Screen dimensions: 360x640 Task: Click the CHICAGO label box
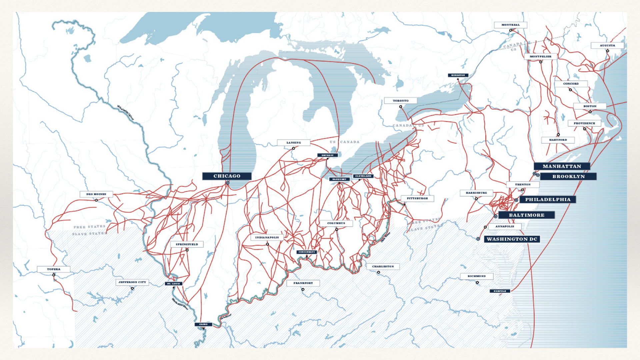[x=227, y=176]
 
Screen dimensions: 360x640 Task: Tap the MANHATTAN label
[x=562, y=166]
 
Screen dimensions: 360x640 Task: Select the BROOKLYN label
[x=568, y=176]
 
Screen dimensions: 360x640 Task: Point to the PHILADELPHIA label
[x=548, y=199]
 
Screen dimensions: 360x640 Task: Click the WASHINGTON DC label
[x=512, y=239]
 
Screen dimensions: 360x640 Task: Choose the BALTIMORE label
[x=526, y=215]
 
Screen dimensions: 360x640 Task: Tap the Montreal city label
[x=510, y=25]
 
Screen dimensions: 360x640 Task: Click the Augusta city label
[x=607, y=46]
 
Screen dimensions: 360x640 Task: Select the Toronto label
[x=400, y=101]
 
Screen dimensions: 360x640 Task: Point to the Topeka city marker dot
[x=54, y=275]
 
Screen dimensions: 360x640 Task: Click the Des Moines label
[x=96, y=194]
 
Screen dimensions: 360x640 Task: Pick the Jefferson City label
[x=132, y=282]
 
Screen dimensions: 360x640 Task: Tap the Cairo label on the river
[x=203, y=324]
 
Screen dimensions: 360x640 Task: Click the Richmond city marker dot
[x=477, y=282]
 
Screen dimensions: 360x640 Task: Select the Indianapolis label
[x=267, y=237]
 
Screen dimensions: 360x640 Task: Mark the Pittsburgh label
[x=417, y=198]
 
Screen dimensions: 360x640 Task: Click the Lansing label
[x=293, y=143]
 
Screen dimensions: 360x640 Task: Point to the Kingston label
[x=458, y=75]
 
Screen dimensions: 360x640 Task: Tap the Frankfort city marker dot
[x=303, y=289]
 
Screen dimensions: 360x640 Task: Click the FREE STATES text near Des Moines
[x=89, y=227]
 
